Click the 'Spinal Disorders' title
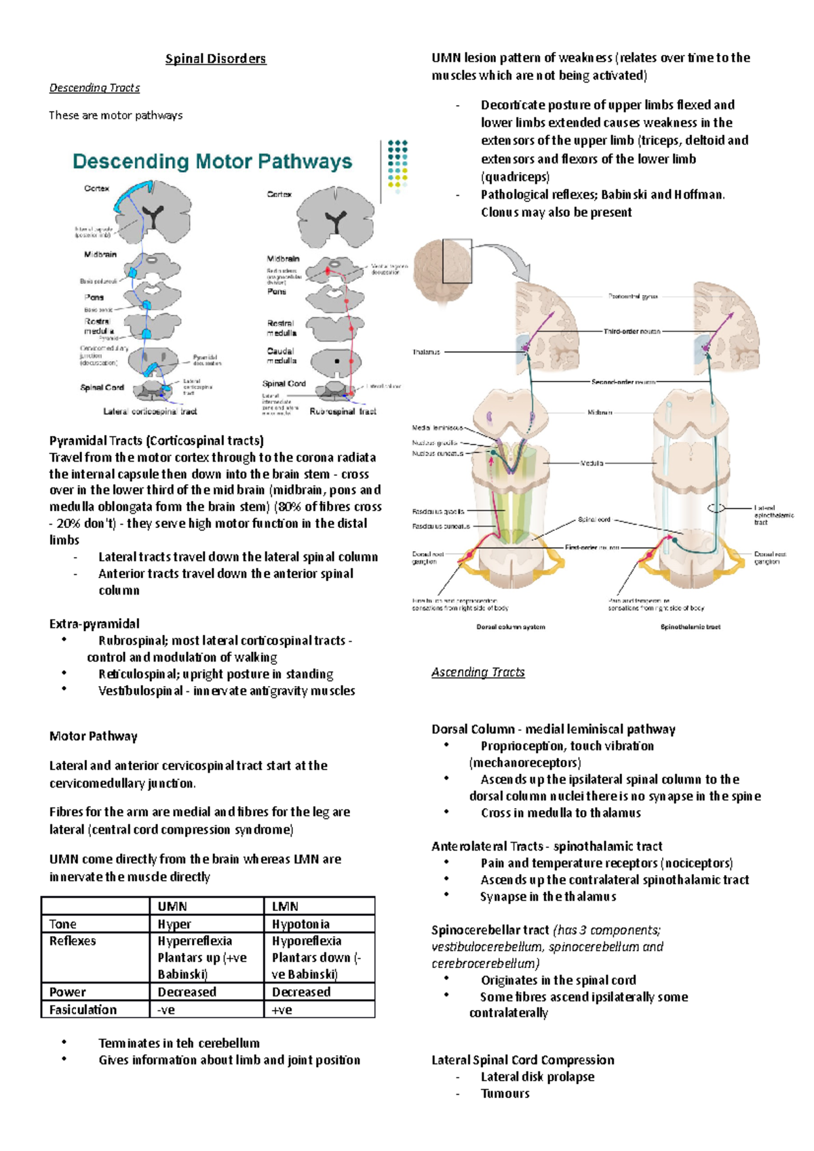[216, 59]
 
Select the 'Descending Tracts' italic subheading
[94, 88]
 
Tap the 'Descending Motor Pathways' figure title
[212, 162]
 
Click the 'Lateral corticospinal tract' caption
[150, 411]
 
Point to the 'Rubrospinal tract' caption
[343, 411]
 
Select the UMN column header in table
[172, 906]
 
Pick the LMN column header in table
[285, 906]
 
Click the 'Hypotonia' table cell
[301, 924]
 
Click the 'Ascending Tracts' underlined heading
[478, 672]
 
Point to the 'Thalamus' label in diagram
[426, 352]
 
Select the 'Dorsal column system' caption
[511, 627]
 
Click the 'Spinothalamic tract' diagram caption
[691, 627]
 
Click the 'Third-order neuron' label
[632, 331]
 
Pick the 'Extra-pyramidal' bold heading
[94, 624]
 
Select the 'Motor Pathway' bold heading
[94, 736]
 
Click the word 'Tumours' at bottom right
[505, 1093]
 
